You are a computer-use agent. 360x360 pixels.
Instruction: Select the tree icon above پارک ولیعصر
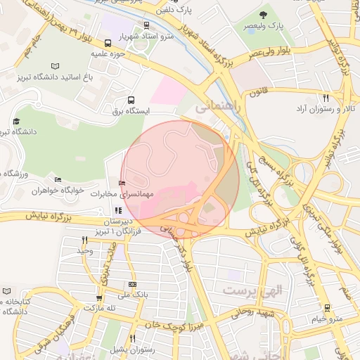pyautogui.click(x=264, y=14)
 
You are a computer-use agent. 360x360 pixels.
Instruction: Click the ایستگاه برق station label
pyautogui.click(x=131, y=111)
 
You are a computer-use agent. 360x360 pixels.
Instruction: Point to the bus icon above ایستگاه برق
pyautogui.click(x=131, y=100)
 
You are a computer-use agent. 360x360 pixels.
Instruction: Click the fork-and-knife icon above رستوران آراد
pyautogui.click(x=325, y=98)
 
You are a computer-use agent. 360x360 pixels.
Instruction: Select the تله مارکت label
pyautogui.click(x=99, y=308)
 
